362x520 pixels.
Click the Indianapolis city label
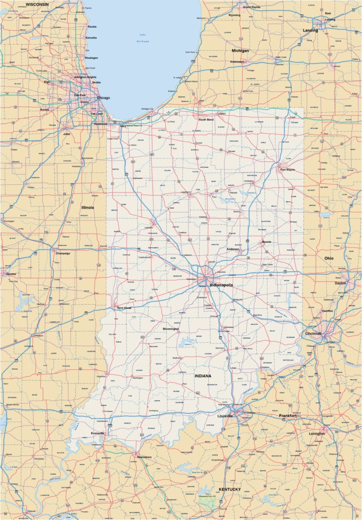[221, 285]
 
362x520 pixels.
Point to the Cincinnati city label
[313, 334]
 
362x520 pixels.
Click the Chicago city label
[103, 98]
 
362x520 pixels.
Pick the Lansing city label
[310, 30]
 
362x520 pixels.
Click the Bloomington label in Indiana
[170, 329]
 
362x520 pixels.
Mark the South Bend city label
[206, 120]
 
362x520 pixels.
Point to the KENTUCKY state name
[229, 490]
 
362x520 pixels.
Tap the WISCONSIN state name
[37, 4]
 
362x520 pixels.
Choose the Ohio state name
[329, 258]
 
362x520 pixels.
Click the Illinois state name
[87, 207]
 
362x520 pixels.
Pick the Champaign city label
[62, 253]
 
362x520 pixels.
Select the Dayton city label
[341, 283]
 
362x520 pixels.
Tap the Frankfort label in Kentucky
[288, 415]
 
